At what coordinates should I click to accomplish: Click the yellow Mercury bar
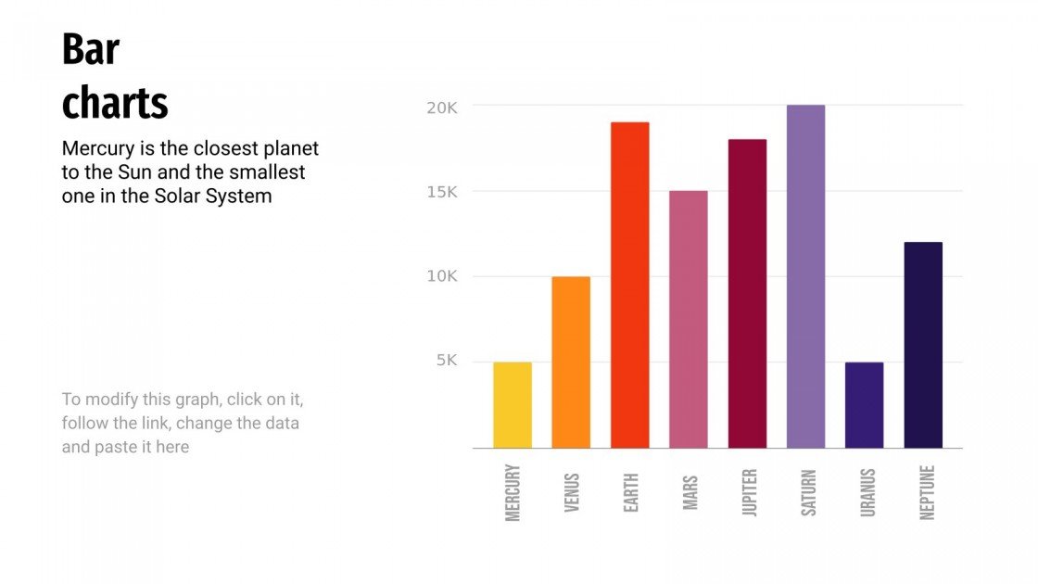(x=513, y=405)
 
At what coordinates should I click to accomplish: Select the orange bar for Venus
(x=571, y=362)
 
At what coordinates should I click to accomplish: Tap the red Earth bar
(x=629, y=286)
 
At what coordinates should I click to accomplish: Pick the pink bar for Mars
(x=689, y=320)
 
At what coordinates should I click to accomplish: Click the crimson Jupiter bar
(x=747, y=294)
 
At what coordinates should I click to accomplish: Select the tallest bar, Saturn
(x=805, y=277)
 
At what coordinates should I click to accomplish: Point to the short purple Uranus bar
(x=864, y=405)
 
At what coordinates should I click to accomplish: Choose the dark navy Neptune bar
(x=923, y=345)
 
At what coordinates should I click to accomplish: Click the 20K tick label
(x=442, y=108)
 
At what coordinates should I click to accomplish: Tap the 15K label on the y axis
(x=442, y=192)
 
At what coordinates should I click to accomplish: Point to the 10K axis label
(x=442, y=276)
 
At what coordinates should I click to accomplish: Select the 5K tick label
(x=447, y=361)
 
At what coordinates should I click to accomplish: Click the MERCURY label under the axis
(x=513, y=492)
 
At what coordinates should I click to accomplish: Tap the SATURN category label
(x=808, y=492)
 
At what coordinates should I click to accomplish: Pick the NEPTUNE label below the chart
(x=927, y=492)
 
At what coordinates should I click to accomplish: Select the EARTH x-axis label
(x=631, y=492)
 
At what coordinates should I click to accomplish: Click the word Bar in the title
(x=91, y=49)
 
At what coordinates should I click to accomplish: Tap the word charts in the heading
(x=115, y=104)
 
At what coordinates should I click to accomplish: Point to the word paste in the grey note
(x=116, y=447)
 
